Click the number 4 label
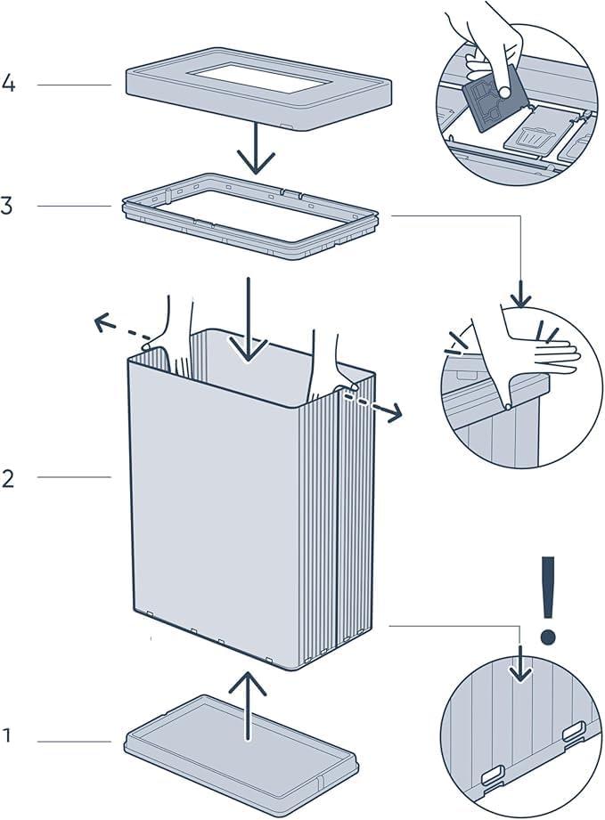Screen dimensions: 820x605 click(x=9, y=85)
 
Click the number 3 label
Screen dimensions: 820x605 click(x=7, y=207)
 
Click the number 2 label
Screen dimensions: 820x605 click(x=8, y=478)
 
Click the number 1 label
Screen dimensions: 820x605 click(x=7, y=736)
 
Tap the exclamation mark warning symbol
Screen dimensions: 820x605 click(x=549, y=599)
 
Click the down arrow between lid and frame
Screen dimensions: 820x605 click(x=256, y=148)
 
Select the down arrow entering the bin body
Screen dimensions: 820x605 click(x=249, y=321)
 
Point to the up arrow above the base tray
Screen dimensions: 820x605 click(x=249, y=703)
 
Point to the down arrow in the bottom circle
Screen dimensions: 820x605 click(x=520, y=663)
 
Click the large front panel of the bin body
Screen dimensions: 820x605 click(x=223, y=516)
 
